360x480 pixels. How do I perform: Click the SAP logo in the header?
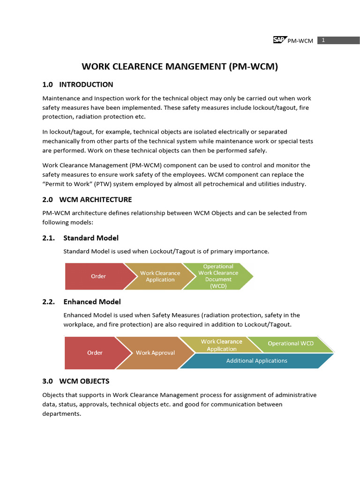pos(280,40)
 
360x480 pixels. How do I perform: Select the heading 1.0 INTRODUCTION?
pos(78,84)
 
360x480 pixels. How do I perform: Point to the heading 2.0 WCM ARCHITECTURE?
pos(87,200)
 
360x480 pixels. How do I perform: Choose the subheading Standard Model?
pos(91,238)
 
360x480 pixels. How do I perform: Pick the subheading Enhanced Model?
pos(92,302)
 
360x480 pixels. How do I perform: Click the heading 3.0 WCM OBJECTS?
pos(76,381)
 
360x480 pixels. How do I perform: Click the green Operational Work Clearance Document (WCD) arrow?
pos(218,277)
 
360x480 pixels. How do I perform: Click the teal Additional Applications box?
pos(256,361)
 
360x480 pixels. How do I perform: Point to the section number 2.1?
pos(48,238)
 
